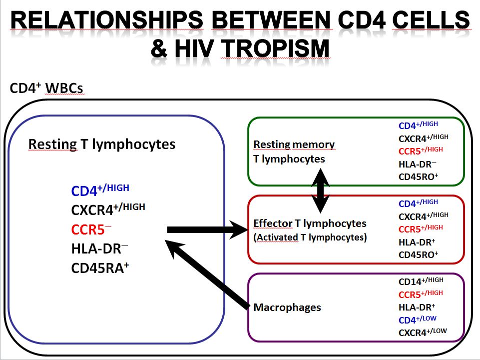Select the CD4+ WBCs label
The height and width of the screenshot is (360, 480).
pos(46,89)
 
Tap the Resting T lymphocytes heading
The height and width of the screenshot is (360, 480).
pos(102,144)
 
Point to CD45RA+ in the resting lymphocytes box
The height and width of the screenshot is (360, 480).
pos(100,268)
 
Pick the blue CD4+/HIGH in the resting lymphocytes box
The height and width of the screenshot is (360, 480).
pos(100,190)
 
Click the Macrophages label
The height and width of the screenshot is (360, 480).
pos(287,307)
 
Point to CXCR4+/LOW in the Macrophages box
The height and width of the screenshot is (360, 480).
pos(423,332)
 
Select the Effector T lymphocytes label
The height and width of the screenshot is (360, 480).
pos(310,223)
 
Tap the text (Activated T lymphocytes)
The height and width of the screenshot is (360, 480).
pos(310,237)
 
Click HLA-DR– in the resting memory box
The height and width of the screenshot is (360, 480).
pos(418,163)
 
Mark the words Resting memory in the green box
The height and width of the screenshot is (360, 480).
pos(294,144)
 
